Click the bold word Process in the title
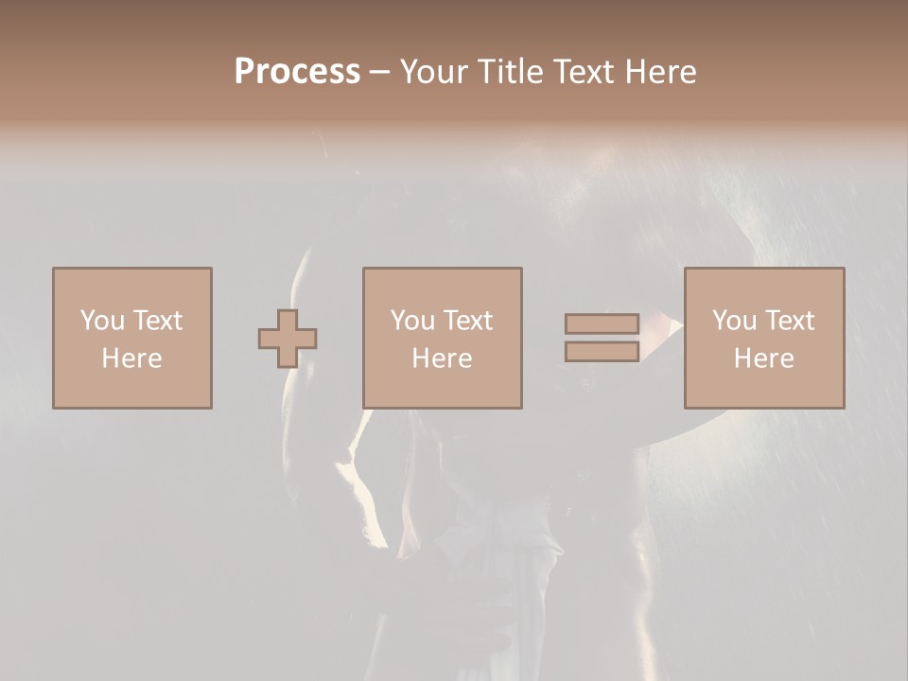[x=297, y=72]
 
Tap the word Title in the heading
[x=510, y=72]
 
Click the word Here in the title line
[x=662, y=72]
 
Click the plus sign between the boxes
[x=288, y=338]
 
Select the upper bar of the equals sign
[x=602, y=323]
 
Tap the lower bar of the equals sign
[x=602, y=351]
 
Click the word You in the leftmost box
[x=100, y=321]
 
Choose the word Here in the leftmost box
[x=131, y=358]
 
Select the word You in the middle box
[x=411, y=321]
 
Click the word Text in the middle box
[x=466, y=321]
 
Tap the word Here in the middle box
[x=442, y=358]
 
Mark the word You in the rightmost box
[x=733, y=321]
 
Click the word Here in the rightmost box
[x=763, y=358]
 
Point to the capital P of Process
[x=246, y=72]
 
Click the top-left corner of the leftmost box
[x=53, y=269]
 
